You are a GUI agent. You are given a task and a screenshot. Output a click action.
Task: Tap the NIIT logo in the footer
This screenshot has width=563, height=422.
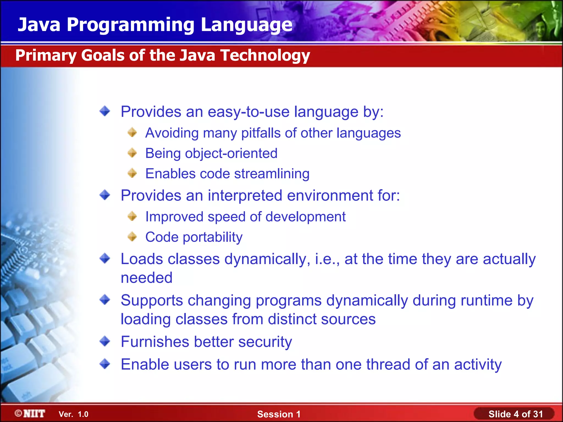(30, 414)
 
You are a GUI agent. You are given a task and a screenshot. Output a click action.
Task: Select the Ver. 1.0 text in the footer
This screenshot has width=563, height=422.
(73, 414)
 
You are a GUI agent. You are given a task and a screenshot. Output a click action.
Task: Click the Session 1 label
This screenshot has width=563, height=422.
(279, 414)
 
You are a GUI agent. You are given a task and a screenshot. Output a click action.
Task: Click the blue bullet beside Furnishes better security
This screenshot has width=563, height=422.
(105, 342)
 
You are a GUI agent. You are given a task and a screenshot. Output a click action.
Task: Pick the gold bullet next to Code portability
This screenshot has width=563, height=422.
(132, 237)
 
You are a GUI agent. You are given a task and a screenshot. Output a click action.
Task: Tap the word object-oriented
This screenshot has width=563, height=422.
(231, 153)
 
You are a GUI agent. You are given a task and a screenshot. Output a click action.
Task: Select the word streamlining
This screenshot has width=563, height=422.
(272, 174)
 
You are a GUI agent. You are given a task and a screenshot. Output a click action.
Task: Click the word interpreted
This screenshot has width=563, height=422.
(245, 196)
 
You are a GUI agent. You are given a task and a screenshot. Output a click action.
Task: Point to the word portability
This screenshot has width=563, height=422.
(212, 237)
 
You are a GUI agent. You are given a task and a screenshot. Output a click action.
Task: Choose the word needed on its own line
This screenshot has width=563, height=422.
(147, 278)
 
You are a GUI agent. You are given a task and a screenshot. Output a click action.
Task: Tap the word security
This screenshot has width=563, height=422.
(265, 342)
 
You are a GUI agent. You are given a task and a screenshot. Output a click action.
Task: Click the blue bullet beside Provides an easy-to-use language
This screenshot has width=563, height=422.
(105, 111)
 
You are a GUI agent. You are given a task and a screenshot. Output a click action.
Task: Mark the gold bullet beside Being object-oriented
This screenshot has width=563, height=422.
(132, 153)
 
